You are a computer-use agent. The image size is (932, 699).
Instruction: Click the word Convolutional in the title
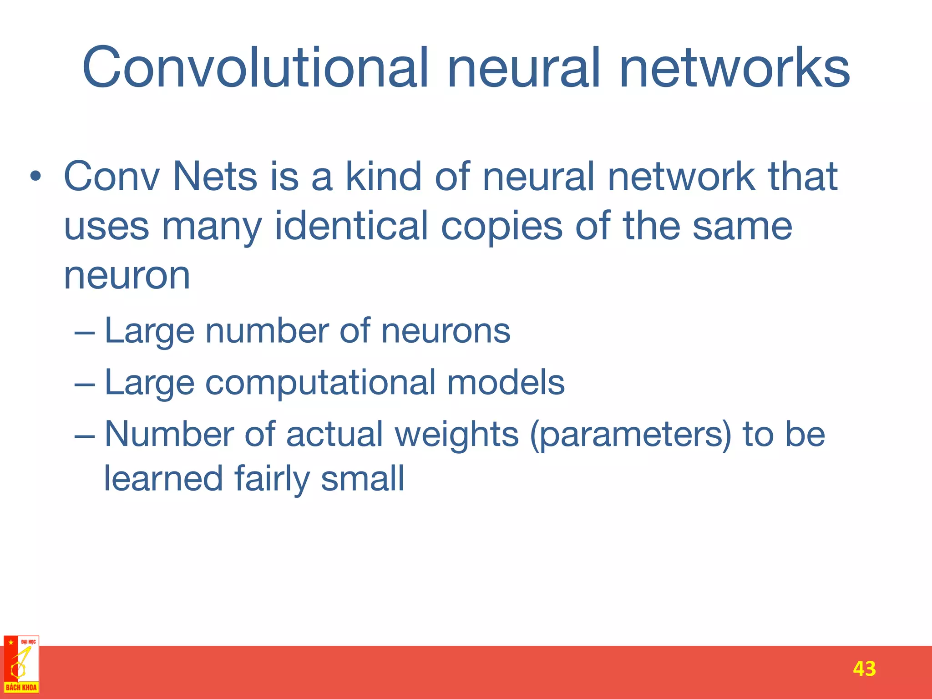tap(255, 68)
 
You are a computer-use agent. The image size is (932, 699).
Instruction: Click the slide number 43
tap(864, 669)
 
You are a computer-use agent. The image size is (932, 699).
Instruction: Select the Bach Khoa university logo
tap(21, 664)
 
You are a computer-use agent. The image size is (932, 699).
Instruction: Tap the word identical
tap(351, 226)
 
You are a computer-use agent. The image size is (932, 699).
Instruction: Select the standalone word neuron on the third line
tap(127, 276)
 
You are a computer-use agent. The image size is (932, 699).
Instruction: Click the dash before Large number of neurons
tap(85, 332)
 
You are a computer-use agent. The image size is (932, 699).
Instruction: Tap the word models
tap(506, 382)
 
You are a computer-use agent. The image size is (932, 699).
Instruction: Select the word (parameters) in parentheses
tap(631, 435)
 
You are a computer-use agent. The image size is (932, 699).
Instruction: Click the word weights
tap(456, 435)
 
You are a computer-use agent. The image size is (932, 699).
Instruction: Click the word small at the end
tap(362, 479)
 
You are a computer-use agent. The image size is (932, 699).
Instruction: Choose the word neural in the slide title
tap(524, 68)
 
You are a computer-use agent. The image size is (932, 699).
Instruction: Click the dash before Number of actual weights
tap(85, 435)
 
